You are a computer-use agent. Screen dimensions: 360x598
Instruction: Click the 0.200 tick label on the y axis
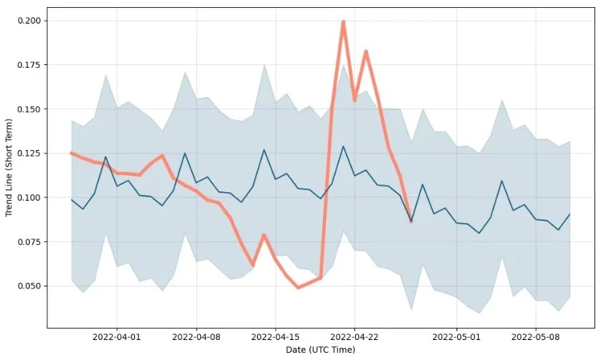(28, 21)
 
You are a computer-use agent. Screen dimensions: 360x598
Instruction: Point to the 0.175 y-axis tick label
(28, 65)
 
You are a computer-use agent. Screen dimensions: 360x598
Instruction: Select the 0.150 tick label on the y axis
(28, 109)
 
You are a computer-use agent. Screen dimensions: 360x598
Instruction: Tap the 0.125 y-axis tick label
(28, 154)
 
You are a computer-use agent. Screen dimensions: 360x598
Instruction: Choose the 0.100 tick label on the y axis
(28, 197)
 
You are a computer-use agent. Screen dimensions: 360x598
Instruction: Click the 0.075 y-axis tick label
(28, 241)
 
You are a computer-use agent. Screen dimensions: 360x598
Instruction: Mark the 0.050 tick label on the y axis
(28, 286)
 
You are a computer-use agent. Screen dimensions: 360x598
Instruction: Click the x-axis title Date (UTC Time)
(320, 350)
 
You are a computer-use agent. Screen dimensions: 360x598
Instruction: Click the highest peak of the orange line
(344, 22)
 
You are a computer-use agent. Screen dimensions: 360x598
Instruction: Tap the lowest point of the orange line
(298, 287)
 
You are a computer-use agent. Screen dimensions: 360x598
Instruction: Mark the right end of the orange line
(411, 221)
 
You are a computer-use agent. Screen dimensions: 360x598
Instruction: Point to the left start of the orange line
(71, 153)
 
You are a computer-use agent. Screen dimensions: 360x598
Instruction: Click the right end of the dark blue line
(569, 214)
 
